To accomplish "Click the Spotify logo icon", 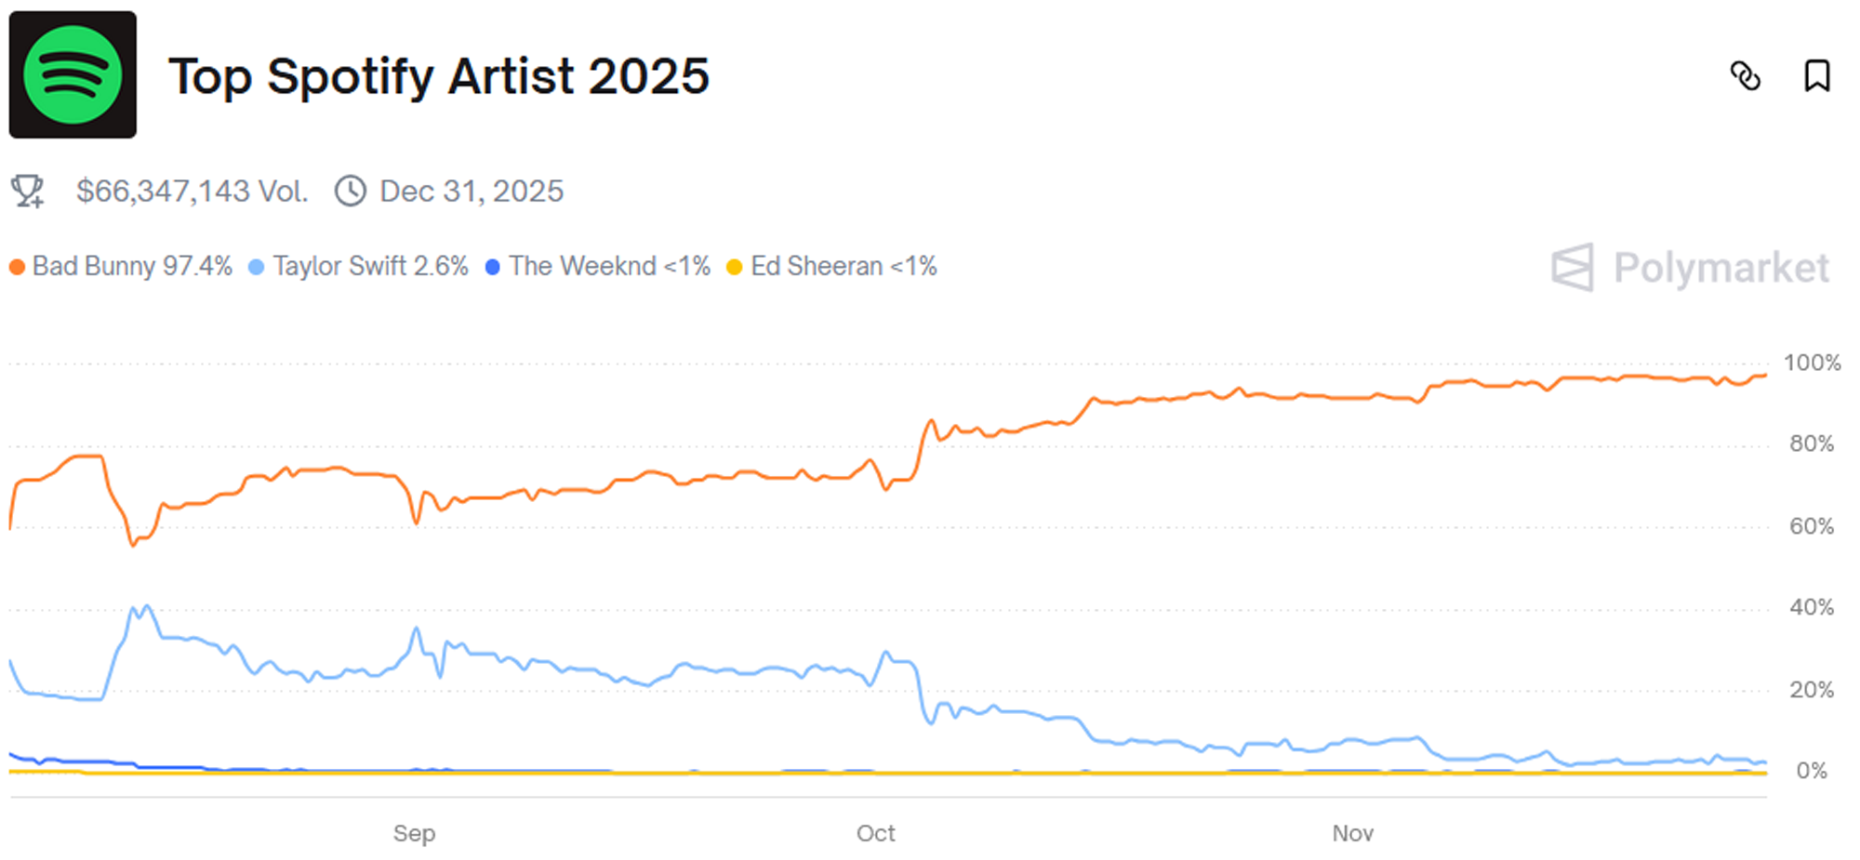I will point(73,75).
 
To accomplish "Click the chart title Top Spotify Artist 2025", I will point(438,76).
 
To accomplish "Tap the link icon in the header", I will point(1745,76).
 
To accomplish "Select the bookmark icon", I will point(1816,76).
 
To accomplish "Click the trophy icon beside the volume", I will point(28,192).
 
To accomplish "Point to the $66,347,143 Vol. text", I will point(192,192).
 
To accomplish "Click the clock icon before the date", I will point(351,192).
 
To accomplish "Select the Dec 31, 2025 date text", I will point(472,192).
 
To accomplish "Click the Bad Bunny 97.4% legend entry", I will point(122,267).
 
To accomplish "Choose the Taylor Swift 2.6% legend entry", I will point(360,267).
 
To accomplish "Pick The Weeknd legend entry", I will point(599,267).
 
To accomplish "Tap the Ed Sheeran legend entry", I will point(832,267).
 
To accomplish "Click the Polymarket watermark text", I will point(1720,268).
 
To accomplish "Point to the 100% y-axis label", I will point(1812,363).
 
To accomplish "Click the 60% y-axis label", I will point(1812,526).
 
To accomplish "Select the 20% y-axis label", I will point(1812,690).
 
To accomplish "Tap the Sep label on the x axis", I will point(414,833).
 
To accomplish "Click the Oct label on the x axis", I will point(875,833).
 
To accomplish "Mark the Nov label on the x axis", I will point(1352,833).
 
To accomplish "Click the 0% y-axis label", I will point(1812,771).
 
